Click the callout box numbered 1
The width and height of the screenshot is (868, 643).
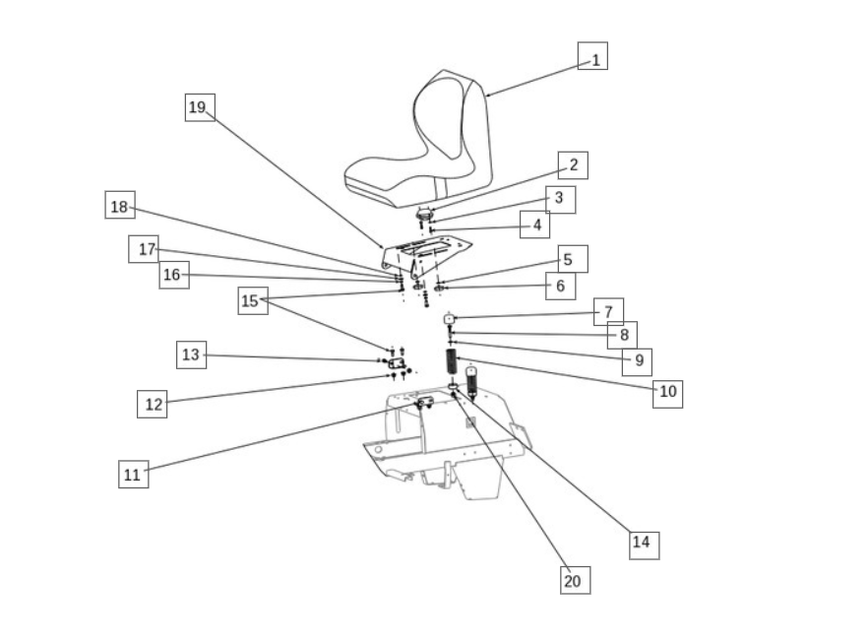point(592,56)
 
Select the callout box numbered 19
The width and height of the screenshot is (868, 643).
point(200,107)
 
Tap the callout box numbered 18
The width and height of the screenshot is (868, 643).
point(120,205)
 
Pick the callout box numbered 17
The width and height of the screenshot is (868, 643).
point(144,249)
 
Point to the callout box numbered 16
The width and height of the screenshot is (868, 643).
point(174,276)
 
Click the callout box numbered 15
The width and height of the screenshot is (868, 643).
point(253,300)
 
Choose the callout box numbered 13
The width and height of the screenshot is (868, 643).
point(192,355)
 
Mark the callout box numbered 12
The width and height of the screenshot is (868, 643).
point(153,404)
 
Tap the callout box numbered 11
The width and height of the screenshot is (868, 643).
point(134,474)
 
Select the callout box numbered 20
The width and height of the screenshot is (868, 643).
point(575,580)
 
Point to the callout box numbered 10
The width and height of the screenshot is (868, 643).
point(667,394)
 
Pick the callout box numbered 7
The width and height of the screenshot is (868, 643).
point(609,312)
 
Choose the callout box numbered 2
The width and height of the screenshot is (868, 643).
point(573,165)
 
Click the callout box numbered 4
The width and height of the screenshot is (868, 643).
point(534,225)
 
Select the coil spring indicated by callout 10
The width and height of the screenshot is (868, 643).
point(451,361)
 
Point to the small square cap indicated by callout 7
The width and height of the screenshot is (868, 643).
point(449,319)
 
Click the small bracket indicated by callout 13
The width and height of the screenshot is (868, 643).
point(397,363)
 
